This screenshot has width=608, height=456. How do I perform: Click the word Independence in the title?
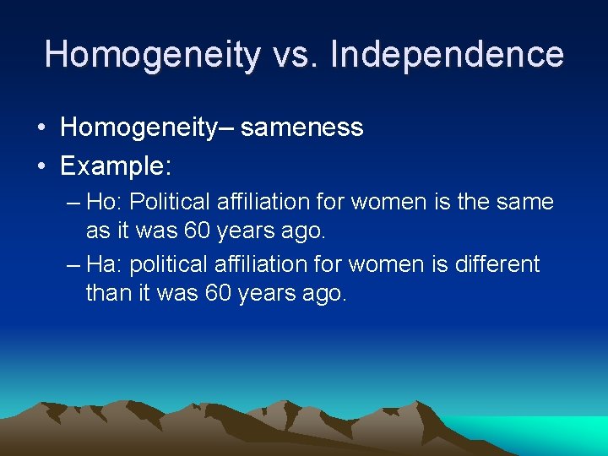447,55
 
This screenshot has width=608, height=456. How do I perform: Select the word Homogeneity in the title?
153,55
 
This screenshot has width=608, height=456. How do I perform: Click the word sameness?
301,128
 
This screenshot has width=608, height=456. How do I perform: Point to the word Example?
116,166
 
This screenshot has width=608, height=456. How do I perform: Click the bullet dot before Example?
41,166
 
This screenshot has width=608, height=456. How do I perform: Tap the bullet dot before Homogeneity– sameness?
41,128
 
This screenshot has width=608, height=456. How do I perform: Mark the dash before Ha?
73,265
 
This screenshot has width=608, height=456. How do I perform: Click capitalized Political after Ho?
172,203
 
